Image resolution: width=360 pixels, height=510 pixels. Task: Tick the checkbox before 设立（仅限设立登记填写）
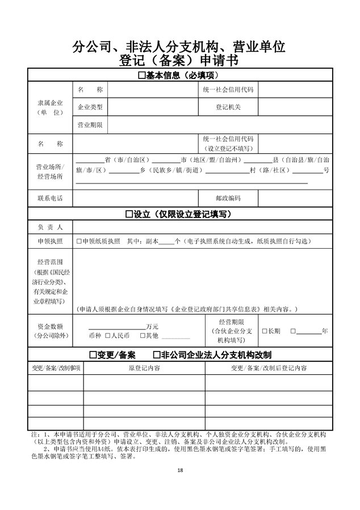(128, 214)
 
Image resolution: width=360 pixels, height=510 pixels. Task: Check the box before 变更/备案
(93, 355)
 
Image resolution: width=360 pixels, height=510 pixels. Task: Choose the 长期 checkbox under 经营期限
(264, 331)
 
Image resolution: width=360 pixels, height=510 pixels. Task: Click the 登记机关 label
(228, 107)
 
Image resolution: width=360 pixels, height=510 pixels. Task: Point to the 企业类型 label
(90, 107)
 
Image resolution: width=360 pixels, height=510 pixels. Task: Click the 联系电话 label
(50, 198)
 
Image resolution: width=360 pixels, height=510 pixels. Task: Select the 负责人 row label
(50, 227)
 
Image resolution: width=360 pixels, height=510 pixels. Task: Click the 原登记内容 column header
(144, 368)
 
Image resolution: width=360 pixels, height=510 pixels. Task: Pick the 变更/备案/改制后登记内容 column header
(269, 368)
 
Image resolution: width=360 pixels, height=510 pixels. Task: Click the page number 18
(180, 470)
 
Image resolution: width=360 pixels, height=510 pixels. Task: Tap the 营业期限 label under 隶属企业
(90, 124)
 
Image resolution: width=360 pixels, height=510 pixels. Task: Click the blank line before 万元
(116, 327)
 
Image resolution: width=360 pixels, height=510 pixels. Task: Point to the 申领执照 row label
(50, 241)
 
